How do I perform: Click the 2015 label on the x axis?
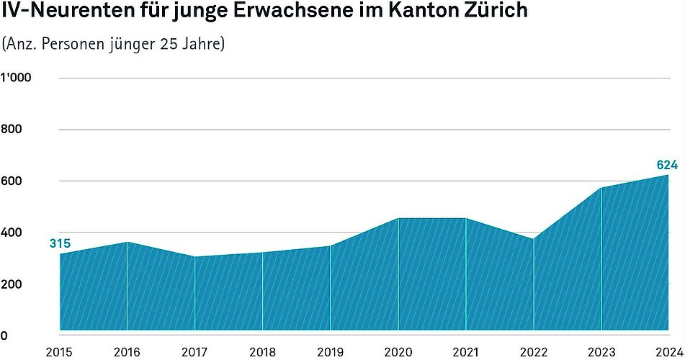[59, 352]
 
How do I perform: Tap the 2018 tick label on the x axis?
[263, 352]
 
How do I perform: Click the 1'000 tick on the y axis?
[15, 78]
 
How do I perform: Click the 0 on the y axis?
[4, 336]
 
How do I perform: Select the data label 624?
[667, 166]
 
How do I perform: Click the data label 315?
[60, 243]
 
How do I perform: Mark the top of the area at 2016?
[127, 242]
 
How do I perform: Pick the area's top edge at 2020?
[398, 218]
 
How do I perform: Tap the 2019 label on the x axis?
[331, 352]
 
